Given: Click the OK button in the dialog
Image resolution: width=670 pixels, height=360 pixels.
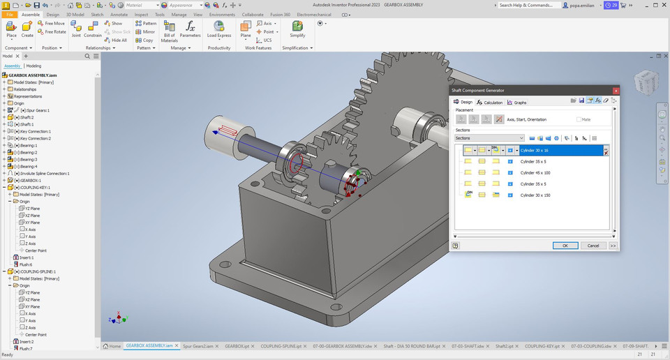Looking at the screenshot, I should (x=565, y=246).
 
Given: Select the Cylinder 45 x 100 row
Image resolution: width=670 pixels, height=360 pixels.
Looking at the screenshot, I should (x=535, y=172).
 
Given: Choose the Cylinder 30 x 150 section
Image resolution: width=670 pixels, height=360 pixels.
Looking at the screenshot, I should (x=535, y=195).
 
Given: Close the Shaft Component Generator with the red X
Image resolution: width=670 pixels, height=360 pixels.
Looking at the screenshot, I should (x=615, y=91).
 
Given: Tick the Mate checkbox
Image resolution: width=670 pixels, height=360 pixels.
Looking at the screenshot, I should (x=579, y=119).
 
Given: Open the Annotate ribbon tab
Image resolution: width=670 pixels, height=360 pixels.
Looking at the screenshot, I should (x=119, y=14).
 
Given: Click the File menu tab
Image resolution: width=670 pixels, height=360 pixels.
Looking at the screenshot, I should (x=10, y=14).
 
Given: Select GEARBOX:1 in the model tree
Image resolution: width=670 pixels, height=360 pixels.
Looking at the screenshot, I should (x=31, y=180).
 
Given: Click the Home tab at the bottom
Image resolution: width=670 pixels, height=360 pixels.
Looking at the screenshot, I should (x=112, y=346).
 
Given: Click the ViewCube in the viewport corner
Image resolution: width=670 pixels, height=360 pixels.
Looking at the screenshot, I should (x=645, y=83).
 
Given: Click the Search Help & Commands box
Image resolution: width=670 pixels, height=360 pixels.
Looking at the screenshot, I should (x=527, y=5).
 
